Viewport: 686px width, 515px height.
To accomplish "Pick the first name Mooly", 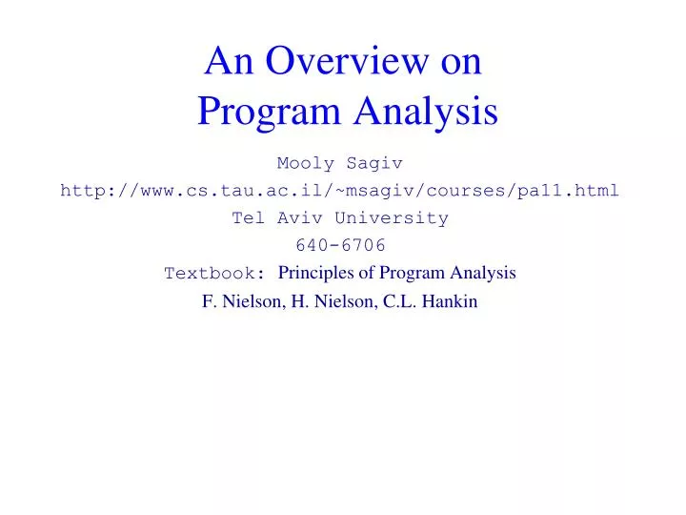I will pos(304,163).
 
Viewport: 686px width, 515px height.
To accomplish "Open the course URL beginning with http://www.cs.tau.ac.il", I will pos(339,190).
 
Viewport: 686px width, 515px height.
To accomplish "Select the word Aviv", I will pos(295,217).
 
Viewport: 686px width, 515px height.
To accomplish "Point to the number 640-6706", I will pos(340,244).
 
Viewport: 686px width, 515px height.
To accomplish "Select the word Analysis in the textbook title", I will pos(483,273).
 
